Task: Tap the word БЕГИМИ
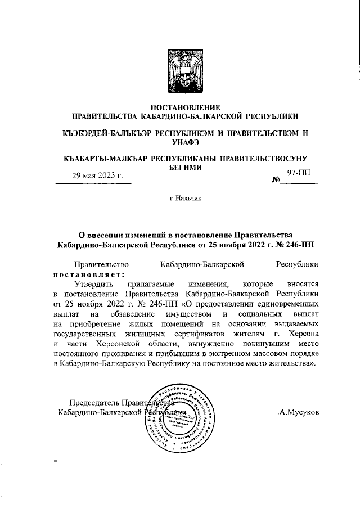coord(186,167)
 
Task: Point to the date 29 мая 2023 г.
coord(97,175)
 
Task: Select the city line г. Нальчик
coord(186,198)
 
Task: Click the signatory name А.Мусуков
coord(299,412)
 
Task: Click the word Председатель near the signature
coord(96,402)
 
